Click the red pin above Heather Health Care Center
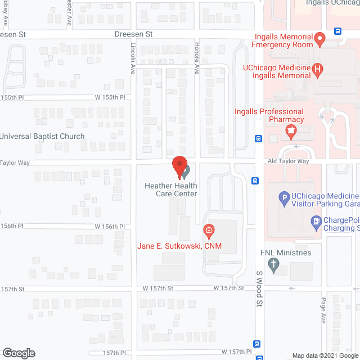179,165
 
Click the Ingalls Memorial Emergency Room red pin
319,39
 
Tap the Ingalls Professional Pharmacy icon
291,132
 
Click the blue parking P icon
284,197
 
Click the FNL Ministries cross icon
274,265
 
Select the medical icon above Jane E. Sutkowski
208,230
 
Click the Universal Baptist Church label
42,136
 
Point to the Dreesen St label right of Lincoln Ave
134,34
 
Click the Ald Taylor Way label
289,161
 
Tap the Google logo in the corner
18,353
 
